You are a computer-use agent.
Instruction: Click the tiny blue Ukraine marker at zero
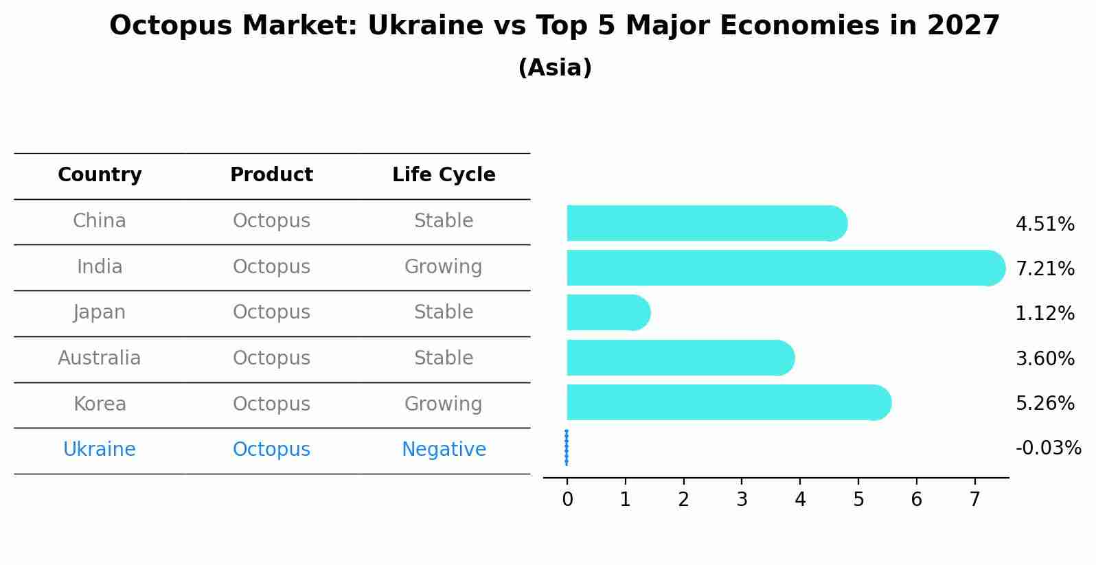pos(567,448)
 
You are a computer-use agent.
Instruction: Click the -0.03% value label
pos(1048,448)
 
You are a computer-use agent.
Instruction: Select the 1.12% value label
pos(1044,314)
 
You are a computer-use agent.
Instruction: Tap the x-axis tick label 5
pos(858,500)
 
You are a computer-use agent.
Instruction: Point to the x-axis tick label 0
pos(567,500)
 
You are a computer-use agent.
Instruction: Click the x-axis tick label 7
pos(974,500)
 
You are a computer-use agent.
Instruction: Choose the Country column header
pos(100,175)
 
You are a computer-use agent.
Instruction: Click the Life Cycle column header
pos(444,175)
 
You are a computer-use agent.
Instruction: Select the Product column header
pos(271,175)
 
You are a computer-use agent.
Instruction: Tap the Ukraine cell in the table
pos(100,450)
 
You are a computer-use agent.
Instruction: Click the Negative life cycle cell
pos(444,450)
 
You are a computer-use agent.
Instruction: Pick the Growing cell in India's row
pos(444,266)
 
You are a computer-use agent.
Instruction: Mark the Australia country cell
pos(100,358)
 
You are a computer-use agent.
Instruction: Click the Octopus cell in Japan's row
pos(271,312)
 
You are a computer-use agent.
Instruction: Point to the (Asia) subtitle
pos(555,68)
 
